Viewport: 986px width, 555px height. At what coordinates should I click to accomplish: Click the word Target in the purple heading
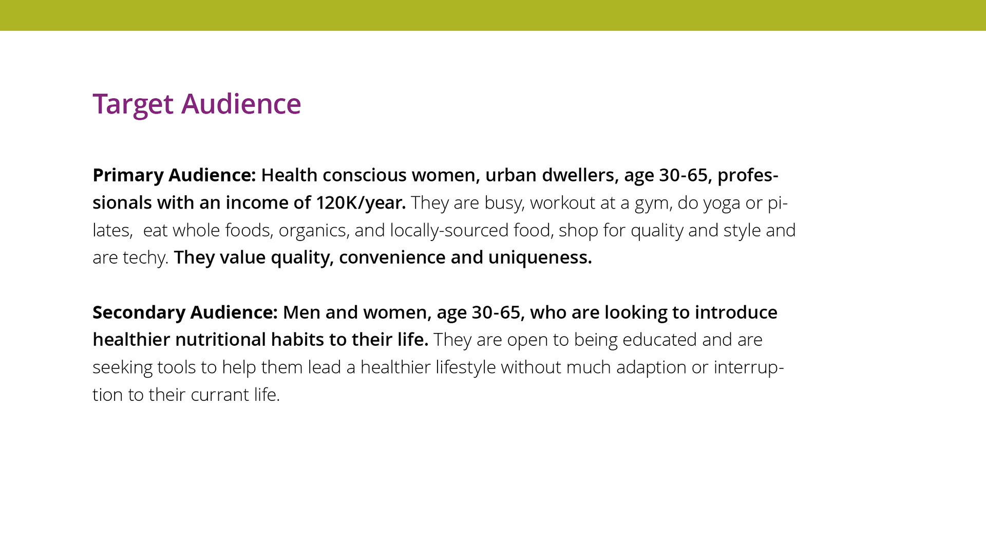tap(133, 104)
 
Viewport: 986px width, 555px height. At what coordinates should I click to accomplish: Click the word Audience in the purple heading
tap(241, 104)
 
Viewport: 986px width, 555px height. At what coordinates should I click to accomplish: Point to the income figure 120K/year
tap(361, 203)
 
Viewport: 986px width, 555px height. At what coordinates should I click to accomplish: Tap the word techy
tap(146, 257)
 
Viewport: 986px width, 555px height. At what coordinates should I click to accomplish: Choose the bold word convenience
tap(392, 257)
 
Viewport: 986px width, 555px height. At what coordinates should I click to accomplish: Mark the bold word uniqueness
tap(540, 257)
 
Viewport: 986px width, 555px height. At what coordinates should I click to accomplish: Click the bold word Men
tap(301, 312)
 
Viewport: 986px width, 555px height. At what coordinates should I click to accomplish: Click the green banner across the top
tap(493, 15)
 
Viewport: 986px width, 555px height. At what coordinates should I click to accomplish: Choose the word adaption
tap(651, 367)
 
